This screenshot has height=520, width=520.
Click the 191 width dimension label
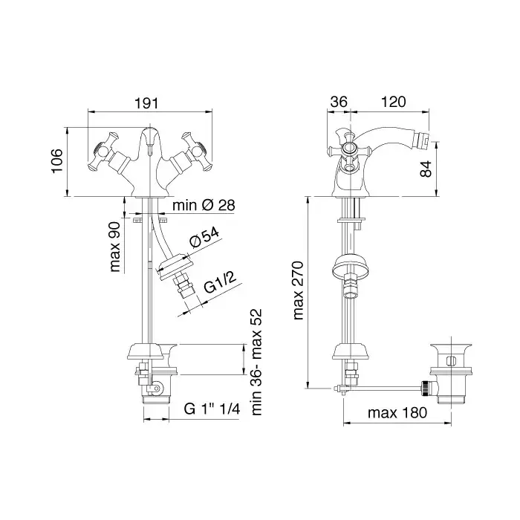(x=146, y=103)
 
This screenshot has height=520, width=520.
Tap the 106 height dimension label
(x=57, y=161)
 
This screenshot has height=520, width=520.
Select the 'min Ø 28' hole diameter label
(x=204, y=205)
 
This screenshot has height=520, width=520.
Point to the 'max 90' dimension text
(x=115, y=247)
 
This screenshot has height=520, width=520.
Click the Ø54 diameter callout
(x=204, y=238)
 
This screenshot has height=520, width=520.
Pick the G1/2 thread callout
(x=220, y=283)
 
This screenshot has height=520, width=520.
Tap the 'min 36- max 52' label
(x=256, y=363)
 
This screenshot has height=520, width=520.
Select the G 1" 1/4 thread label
(x=212, y=409)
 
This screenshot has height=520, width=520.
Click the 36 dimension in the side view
(x=339, y=102)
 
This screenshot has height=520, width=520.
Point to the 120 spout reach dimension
(x=393, y=102)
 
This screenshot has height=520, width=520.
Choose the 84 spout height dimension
(x=426, y=169)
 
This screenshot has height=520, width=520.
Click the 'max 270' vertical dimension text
(x=299, y=290)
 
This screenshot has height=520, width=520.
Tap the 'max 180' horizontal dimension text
(x=397, y=413)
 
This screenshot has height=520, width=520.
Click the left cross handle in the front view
(x=103, y=152)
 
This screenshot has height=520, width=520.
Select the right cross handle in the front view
(x=196, y=152)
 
